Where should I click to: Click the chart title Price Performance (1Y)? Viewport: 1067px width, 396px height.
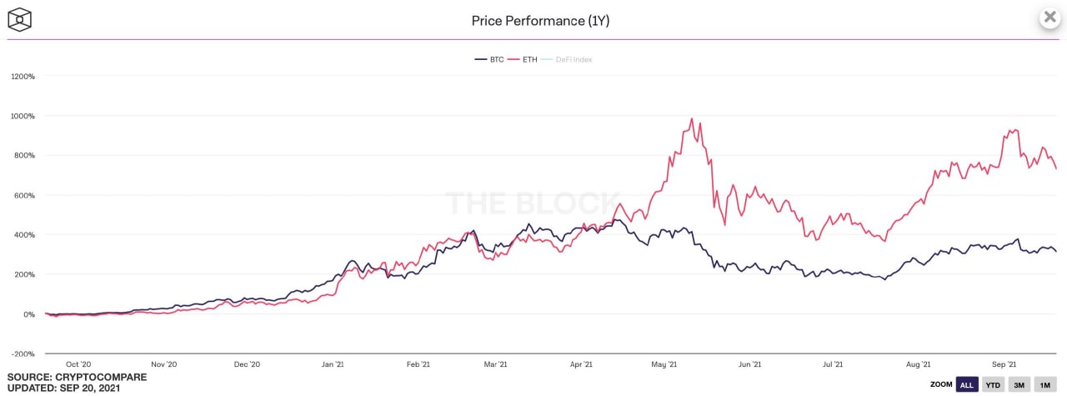pos(540,20)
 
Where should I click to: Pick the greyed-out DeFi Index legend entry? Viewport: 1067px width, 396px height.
pos(573,59)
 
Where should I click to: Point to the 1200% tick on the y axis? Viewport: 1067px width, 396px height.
pos(23,77)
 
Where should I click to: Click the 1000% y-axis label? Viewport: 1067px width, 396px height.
pos(23,116)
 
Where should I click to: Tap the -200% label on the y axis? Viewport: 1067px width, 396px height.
pos(23,354)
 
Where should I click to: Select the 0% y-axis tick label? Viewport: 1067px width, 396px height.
pos(28,314)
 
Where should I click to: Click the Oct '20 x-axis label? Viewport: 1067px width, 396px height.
pos(78,364)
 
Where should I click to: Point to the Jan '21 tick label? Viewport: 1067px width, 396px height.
pos(333,364)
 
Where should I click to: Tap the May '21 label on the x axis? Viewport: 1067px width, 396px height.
pos(663,364)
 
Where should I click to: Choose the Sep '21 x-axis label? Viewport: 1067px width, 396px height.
pos(1004,364)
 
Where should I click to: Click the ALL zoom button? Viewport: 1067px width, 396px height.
pos(967,384)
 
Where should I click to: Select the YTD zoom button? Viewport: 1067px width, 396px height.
pos(992,384)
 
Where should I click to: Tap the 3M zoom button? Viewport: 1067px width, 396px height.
pos(1019,384)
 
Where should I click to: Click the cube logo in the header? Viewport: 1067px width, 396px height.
pos(20,20)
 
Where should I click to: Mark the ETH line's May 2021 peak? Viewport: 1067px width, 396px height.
pos(692,119)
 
